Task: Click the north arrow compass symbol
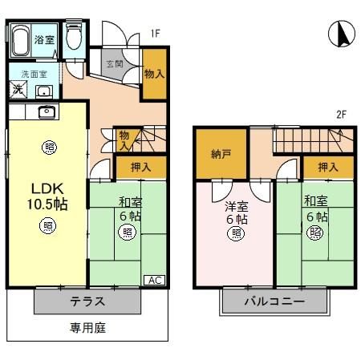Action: click(340, 36)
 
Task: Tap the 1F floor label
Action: click(156, 34)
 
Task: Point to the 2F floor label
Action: click(341, 115)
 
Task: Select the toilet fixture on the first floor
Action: click(74, 38)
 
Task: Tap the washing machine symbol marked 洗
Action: click(17, 89)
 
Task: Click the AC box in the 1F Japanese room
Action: click(156, 280)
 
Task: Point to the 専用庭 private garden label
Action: click(87, 327)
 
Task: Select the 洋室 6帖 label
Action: click(236, 212)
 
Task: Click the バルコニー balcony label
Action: click(274, 302)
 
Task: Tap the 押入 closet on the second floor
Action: click(327, 167)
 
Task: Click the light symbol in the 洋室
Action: click(237, 233)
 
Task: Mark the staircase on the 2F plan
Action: click(308, 142)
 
